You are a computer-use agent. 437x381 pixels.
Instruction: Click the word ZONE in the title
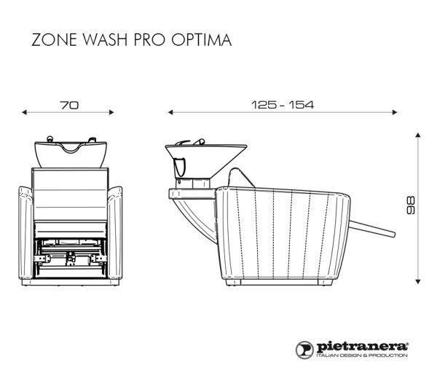[x=54, y=39]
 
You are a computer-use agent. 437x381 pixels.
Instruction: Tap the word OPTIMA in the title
[x=202, y=39]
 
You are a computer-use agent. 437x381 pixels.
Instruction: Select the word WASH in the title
[x=105, y=39]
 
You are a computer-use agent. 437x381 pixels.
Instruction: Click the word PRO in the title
[x=149, y=39]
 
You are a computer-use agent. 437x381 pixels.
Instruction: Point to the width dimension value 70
[x=69, y=105]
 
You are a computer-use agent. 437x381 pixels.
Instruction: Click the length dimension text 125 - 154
[x=283, y=105]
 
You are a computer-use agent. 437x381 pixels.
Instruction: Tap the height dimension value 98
[x=411, y=205]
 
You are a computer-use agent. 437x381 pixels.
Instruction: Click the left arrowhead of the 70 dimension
[x=24, y=112]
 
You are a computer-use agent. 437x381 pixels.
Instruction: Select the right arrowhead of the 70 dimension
[x=111, y=112]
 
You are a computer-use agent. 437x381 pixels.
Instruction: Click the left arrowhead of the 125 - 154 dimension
[x=170, y=112]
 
